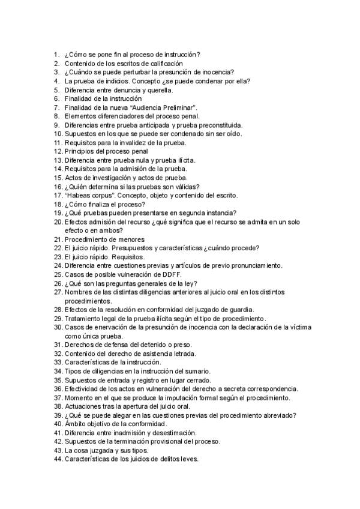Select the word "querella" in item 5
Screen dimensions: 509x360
tap(158, 90)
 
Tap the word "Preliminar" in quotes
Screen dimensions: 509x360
tap(178, 107)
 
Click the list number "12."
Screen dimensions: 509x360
tap(58, 152)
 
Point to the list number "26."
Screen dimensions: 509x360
tap(58, 283)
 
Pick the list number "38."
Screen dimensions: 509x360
tap(58, 406)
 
